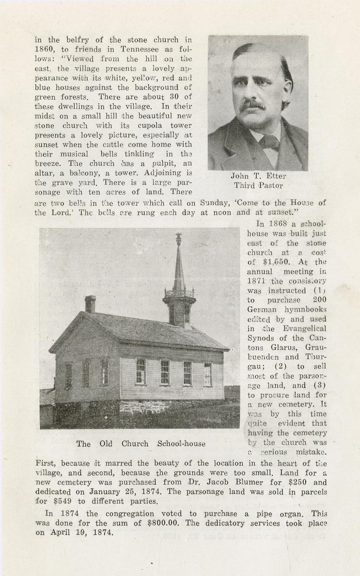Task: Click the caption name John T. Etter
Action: point(258,176)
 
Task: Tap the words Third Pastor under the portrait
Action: point(258,185)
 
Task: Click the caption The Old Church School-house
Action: point(141,444)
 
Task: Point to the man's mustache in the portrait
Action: point(252,105)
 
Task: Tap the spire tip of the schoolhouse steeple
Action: point(179,236)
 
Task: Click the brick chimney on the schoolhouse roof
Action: point(90,303)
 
